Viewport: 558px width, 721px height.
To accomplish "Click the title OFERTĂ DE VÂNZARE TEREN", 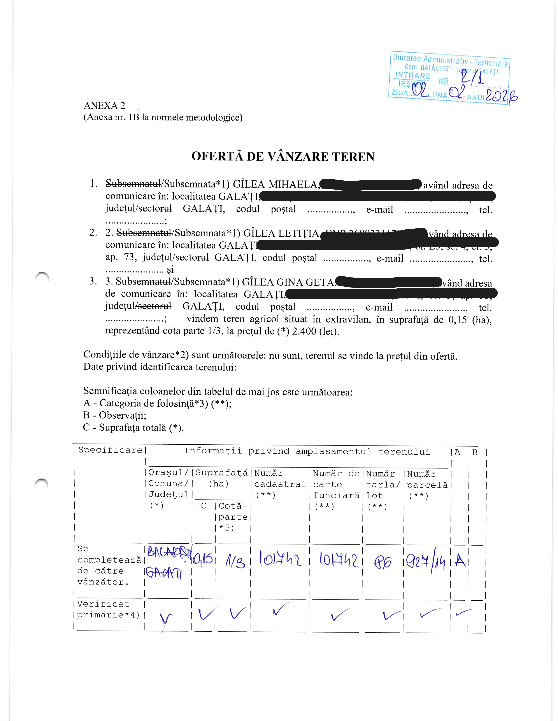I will click(x=283, y=156).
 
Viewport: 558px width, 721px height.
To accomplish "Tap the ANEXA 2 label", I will click(x=104, y=106).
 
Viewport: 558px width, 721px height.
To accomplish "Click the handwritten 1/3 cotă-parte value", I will click(x=235, y=562).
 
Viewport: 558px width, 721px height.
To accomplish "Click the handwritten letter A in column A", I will click(x=460, y=560).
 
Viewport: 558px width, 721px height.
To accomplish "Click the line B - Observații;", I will click(x=115, y=415).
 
